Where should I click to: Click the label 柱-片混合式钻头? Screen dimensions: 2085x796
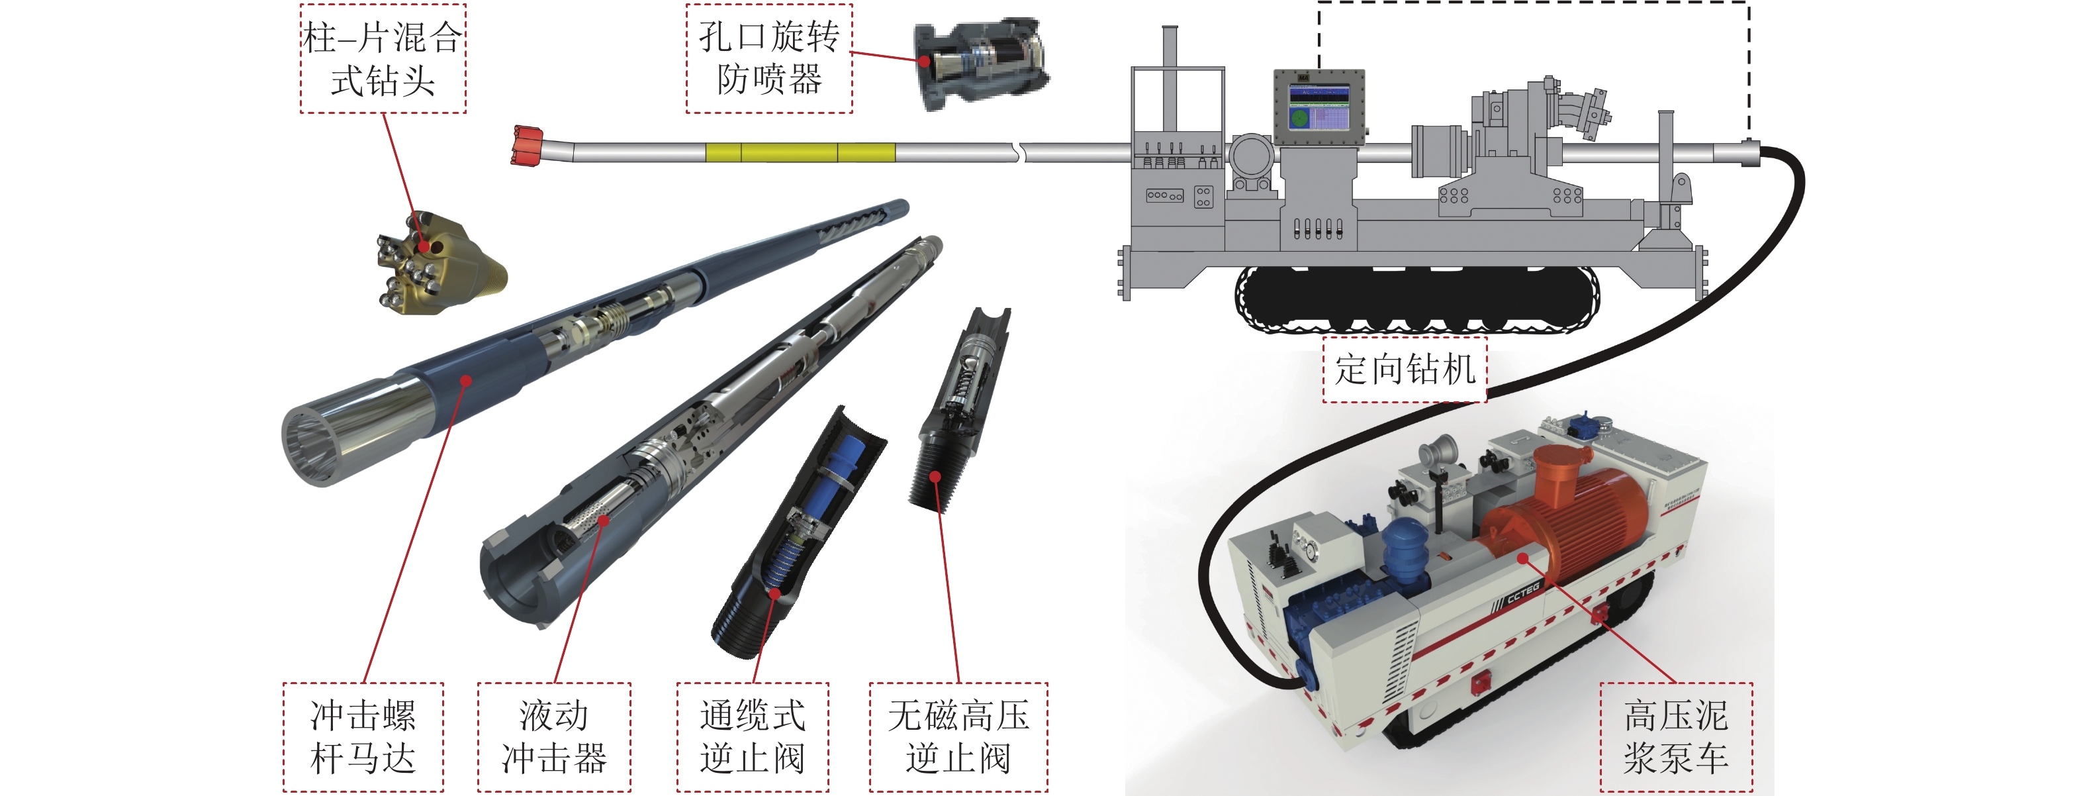click(383, 58)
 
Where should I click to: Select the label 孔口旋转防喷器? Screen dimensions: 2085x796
click(769, 58)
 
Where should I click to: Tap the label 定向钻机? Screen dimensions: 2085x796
click(1405, 370)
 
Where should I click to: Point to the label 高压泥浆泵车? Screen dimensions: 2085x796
click(1676, 737)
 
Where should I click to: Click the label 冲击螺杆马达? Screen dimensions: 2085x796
click(363, 737)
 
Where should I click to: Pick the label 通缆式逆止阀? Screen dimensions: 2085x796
click(753, 737)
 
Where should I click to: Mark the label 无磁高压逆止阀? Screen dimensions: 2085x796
click(958, 737)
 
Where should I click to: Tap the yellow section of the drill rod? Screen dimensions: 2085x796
click(800, 152)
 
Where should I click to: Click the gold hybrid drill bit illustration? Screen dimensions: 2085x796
click(437, 263)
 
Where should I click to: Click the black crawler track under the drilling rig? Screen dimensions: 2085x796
click(1416, 299)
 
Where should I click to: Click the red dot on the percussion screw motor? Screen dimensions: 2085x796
click(466, 381)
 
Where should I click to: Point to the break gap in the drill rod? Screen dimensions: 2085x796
click(1020, 152)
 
